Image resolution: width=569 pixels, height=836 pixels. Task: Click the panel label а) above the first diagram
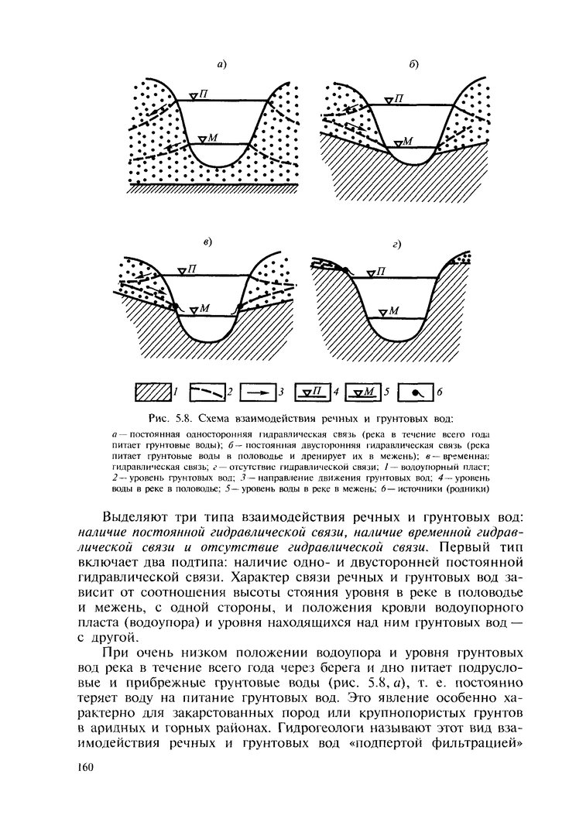click(x=221, y=65)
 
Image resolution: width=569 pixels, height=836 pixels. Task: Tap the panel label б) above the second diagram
click(x=413, y=65)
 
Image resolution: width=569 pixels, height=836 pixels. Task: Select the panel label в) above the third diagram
click(x=207, y=242)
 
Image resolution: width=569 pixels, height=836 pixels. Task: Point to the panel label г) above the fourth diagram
click(x=396, y=245)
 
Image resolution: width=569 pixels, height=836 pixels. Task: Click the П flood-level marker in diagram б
click(x=395, y=98)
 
